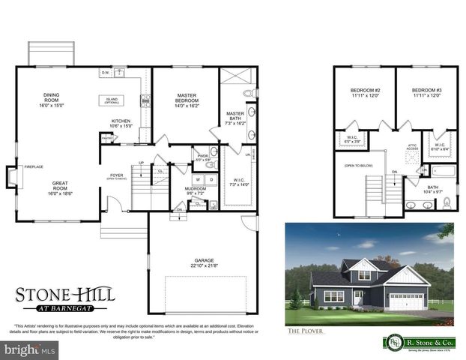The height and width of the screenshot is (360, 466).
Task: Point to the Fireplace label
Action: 34,166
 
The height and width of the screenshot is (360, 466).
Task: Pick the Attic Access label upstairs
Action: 411,147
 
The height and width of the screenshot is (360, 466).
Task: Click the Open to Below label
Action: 359,164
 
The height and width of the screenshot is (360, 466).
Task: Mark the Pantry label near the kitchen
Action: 107,137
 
